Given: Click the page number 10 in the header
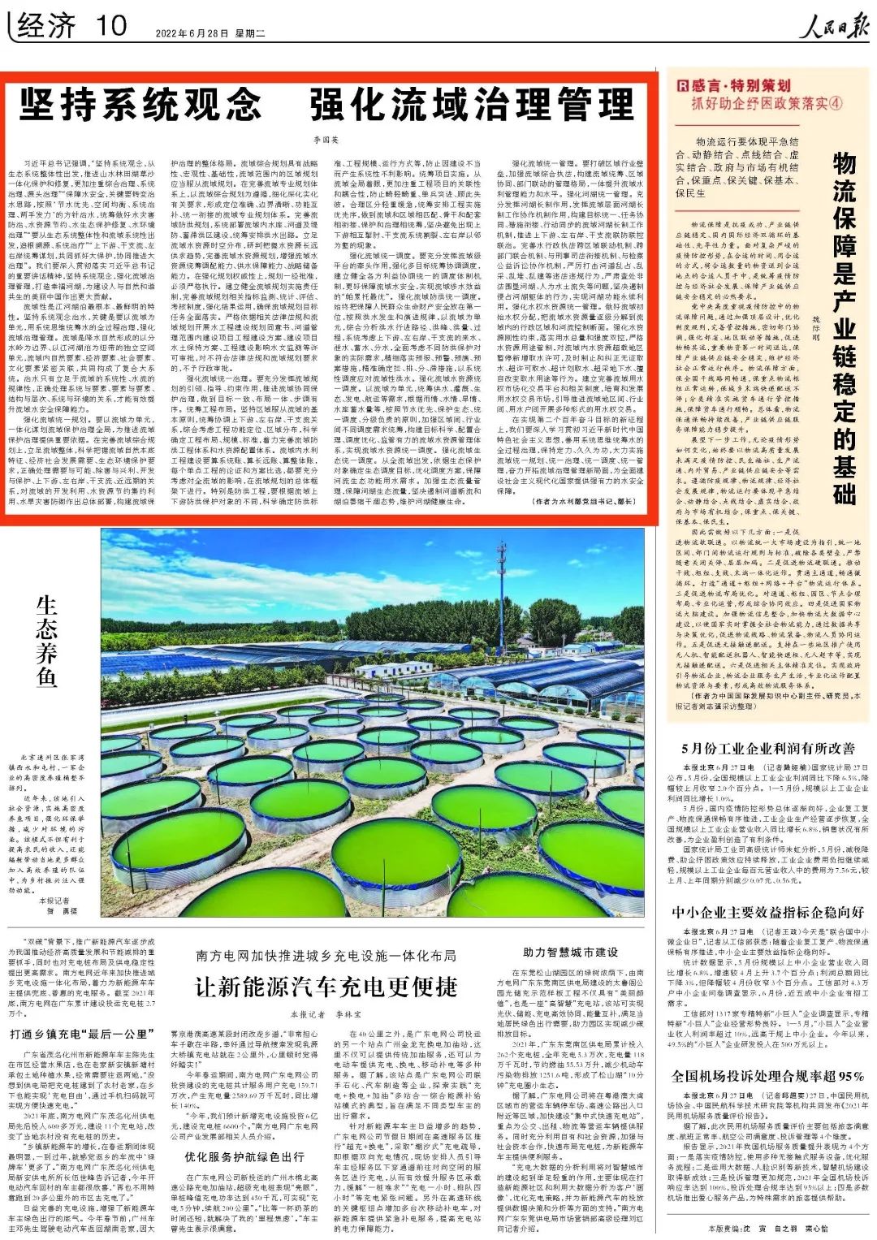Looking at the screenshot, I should [110, 25].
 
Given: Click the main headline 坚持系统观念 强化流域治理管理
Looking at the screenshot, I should [326, 106].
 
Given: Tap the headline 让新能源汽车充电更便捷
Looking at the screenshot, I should [326, 986].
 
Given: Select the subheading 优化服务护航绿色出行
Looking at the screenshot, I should [244, 1156].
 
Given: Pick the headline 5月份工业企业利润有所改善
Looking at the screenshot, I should [767, 748].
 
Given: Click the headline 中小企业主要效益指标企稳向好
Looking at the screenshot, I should [767, 912].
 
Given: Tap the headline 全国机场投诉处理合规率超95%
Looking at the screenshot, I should [767, 1076].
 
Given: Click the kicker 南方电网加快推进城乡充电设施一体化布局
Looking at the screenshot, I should [326, 956].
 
